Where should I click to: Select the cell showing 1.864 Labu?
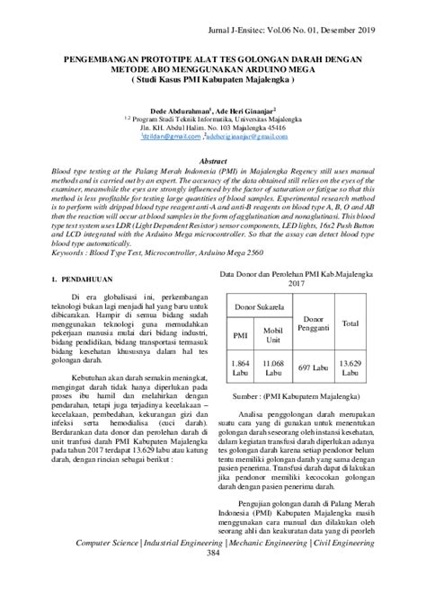pyautogui.click(x=240, y=368)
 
